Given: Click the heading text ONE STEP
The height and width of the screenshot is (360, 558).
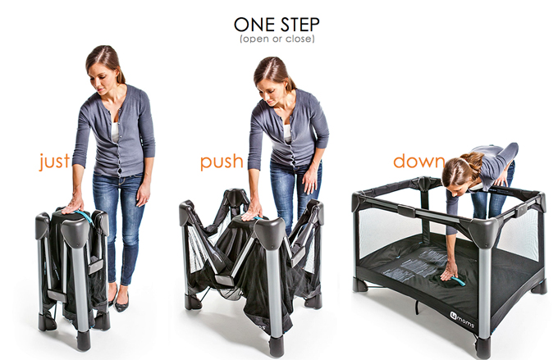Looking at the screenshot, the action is click(277, 25).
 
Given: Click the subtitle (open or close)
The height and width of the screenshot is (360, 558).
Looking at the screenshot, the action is click(277, 39).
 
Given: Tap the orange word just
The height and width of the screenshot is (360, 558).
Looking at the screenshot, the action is click(54, 162).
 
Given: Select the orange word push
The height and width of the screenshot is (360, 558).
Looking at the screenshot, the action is click(222, 162).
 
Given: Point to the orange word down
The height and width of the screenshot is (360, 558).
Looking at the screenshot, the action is click(418, 162).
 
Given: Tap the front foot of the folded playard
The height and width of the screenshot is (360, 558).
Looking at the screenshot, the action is click(83, 340).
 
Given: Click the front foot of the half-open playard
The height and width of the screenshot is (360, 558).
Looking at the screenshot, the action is click(277, 347).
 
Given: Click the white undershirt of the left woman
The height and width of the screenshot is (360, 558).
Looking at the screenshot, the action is click(115, 132).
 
